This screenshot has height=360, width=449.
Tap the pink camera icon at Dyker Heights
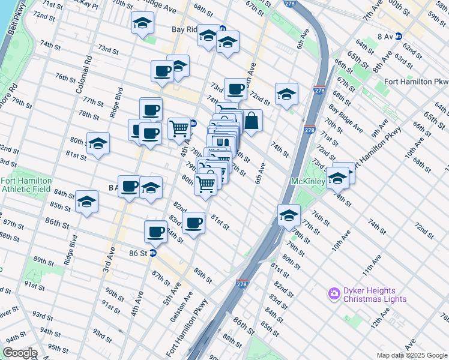tap(333, 294)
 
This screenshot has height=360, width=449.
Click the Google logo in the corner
tap(19, 353)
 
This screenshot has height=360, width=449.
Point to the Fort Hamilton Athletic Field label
tap(26, 184)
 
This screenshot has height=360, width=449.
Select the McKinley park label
tap(308, 181)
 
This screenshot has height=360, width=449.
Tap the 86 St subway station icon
tap(153, 253)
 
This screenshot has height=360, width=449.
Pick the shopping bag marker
tap(253, 121)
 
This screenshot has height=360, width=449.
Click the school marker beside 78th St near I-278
tap(289, 214)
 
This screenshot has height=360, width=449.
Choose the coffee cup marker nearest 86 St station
tap(156, 231)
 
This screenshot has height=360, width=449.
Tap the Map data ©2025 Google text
tap(412, 355)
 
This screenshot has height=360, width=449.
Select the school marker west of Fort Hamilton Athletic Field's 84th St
tap(86, 202)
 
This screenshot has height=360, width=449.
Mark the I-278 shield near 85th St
tap(241, 284)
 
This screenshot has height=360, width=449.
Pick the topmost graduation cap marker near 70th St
tap(142, 23)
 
